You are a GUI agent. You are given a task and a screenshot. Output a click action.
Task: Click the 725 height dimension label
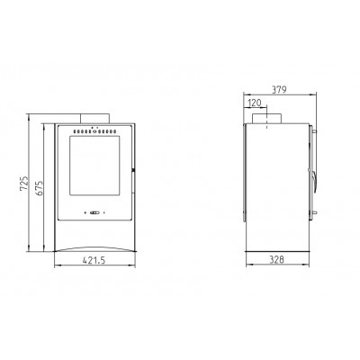tap(24, 184)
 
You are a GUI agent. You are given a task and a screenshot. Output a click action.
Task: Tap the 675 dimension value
tap(40, 188)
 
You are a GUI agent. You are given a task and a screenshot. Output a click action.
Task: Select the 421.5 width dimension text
tap(94, 260)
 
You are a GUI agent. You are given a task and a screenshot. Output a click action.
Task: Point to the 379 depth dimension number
tap(279, 89)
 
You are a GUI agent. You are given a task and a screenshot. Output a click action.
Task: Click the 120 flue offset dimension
tap(255, 103)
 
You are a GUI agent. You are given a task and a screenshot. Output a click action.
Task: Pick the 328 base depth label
tap(276, 260)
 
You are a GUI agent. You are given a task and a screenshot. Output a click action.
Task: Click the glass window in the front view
tap(94, 166)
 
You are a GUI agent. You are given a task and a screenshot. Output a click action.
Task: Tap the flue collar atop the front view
tap(94, 119)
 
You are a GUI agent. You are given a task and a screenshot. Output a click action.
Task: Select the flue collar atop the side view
tap(266, 119)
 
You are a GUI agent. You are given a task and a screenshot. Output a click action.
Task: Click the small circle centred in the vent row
tap(94, 131)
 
